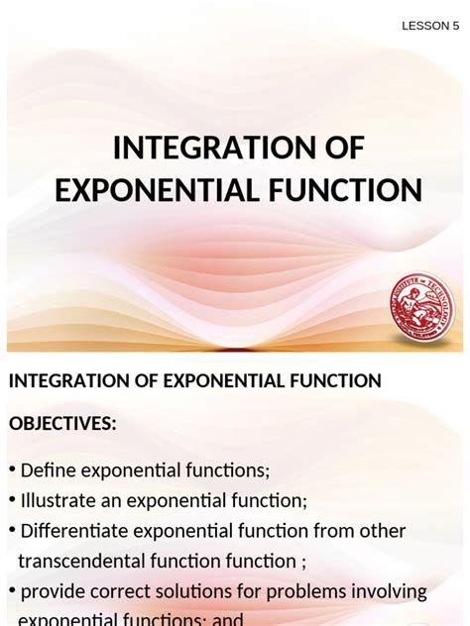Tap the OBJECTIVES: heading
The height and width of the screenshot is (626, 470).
point(62,424)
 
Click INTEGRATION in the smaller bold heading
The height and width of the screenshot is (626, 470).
point(66,380)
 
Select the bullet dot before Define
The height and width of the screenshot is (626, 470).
point(13,469)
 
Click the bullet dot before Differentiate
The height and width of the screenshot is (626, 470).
point(13,531)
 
